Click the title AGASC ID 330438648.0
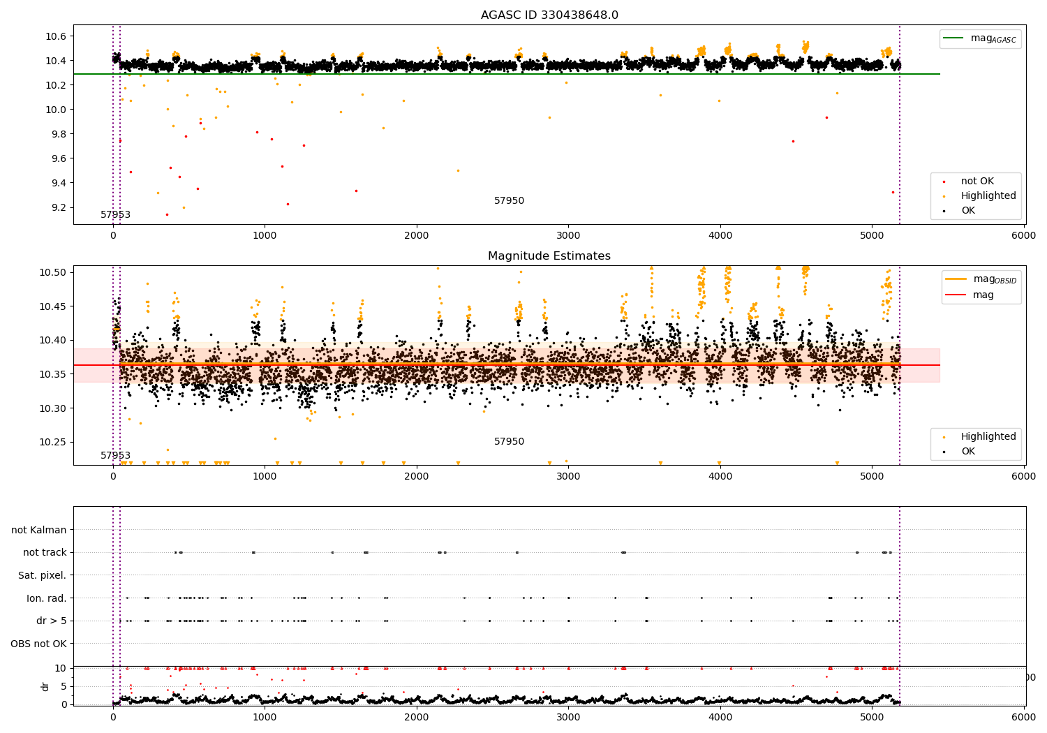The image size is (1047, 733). tap(549, 15)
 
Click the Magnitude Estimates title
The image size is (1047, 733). tap(549, 256)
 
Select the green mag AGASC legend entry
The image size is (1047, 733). tap(980, 38)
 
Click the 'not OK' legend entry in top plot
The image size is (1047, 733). tap(977, 182)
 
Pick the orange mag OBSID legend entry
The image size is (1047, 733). tap(981, 279)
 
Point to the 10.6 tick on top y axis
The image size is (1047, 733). tap(56, 36)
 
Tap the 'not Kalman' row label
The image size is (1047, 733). tap(39, 530)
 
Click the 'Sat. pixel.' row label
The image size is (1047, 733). tap(42, 575)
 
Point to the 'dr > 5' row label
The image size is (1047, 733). tap(51, 621)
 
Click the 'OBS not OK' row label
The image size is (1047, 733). tap(38, 644)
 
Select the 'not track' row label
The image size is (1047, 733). tap(45, 552)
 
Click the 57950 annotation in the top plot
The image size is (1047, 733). tap(509, 201)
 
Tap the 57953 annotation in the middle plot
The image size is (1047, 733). tap(115, 455)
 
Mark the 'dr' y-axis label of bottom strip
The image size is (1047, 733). tap(45, 686)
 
